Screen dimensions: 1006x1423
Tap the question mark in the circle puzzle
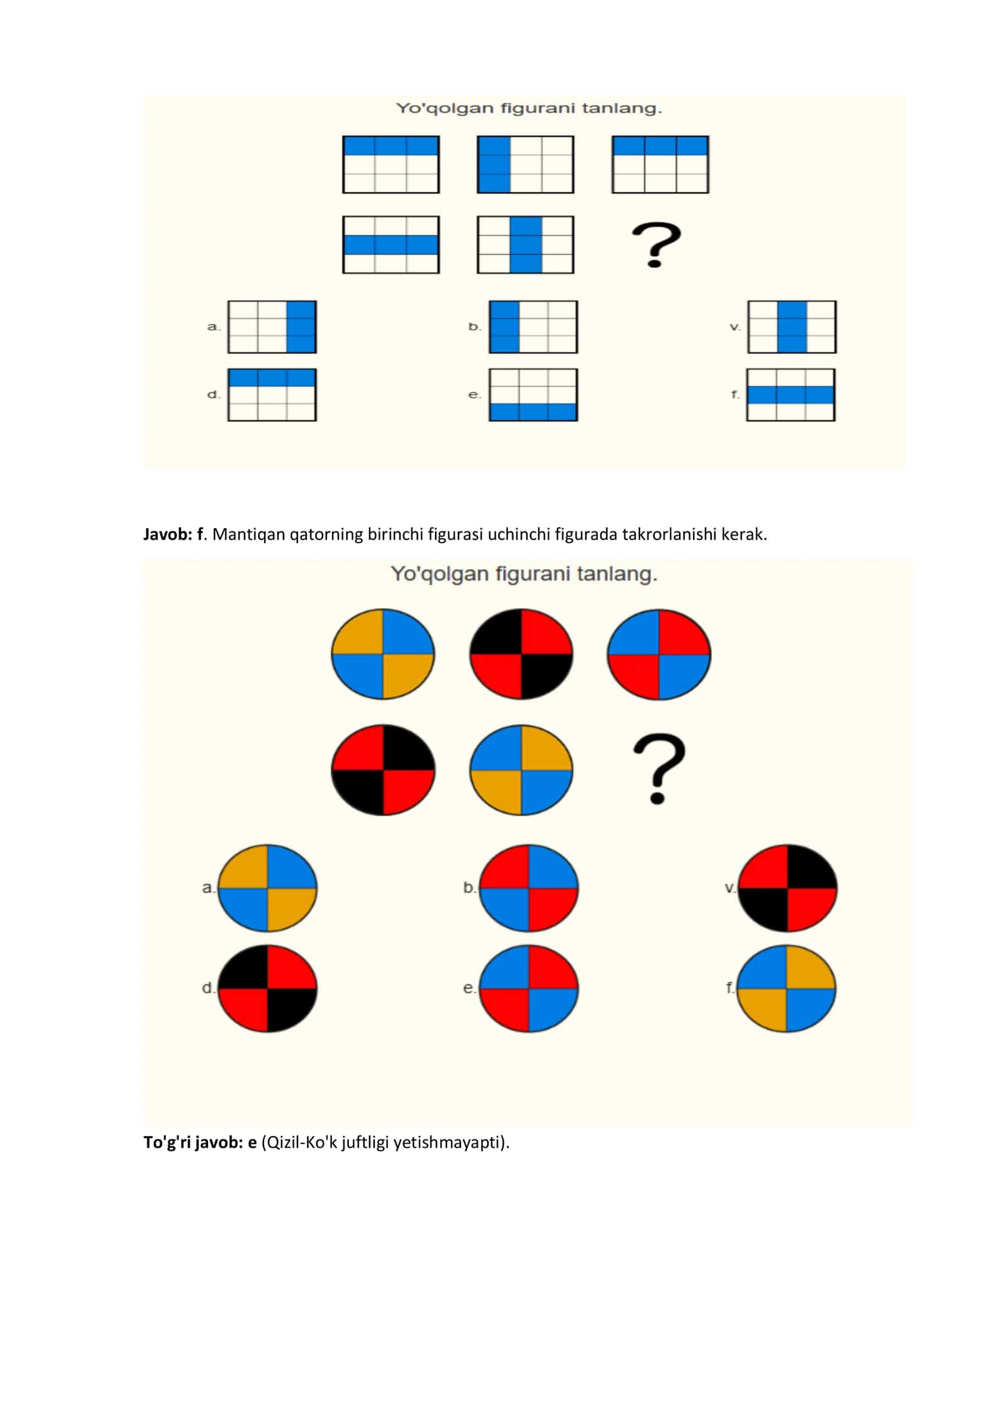point(659,769)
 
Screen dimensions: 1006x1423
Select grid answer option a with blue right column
point(272,327)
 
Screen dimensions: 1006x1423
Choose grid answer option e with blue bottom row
point(533,395)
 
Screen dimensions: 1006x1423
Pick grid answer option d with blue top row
point(272,395)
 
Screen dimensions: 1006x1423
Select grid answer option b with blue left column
point(533,327)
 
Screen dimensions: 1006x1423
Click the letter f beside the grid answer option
point(734,394)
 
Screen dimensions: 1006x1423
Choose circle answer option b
point(529,888)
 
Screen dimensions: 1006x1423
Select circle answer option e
point(529,988)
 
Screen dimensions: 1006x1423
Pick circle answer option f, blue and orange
point(787,988)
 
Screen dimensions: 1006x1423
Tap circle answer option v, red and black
point(787,888)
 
